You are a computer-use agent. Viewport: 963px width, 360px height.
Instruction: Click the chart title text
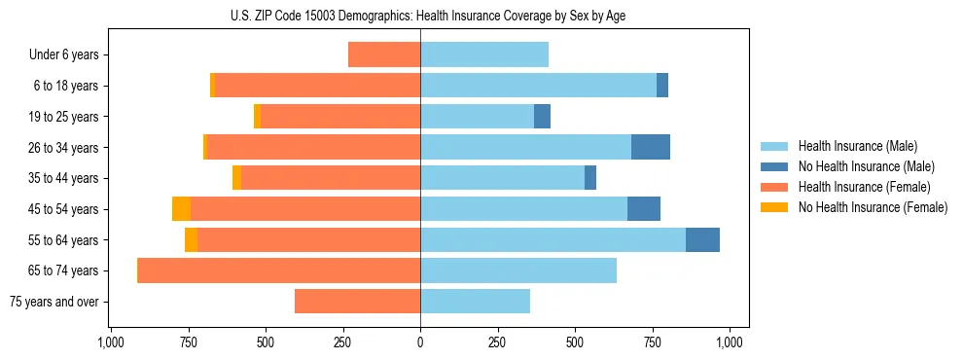click(x=420, y=16)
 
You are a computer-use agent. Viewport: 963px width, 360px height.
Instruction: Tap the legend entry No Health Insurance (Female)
click(x=873, y=207)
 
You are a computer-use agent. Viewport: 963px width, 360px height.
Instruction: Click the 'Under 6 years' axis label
click(x=64, y=55)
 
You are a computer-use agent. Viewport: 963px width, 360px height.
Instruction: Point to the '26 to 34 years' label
click(x=64, y=148)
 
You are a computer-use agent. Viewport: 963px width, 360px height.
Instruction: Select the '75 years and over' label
click(x=55, y=302)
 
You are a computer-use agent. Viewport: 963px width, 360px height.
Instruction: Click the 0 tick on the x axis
click(x=420, y=342)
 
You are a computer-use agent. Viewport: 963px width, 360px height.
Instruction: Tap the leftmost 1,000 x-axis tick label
click(x=110, y=342)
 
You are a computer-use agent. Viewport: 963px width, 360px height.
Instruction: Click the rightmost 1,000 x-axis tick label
click(x=731, y=342)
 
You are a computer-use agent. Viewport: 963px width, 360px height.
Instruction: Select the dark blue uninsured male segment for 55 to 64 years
click(x=702, y=240)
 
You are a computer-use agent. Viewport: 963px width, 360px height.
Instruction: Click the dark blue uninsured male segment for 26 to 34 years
click(x=651, y=148)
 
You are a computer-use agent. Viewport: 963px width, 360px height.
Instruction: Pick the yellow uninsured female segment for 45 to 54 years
click(x=181, y=209)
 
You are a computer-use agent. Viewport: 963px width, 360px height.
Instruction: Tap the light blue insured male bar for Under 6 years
click(x=484, y=55)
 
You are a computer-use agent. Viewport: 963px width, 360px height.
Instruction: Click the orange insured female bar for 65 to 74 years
click(x=279, y=270)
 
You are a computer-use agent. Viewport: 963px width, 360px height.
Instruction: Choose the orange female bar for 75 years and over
click(x=357, y=302)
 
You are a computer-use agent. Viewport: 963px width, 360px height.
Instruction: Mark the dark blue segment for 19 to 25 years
click(x=542, y=117)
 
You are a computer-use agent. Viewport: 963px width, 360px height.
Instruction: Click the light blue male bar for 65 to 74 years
click(x=518, y=270)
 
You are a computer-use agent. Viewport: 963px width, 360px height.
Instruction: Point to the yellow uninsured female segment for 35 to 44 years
click(x=236, y=178)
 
